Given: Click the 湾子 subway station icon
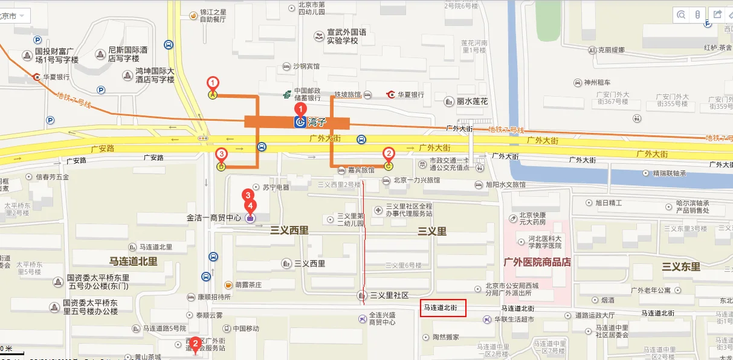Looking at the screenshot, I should [300, 123].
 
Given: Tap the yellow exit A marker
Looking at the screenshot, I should [213, 94].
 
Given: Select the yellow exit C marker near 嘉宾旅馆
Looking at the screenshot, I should [388, 164].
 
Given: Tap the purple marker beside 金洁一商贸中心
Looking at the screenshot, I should [250, 218].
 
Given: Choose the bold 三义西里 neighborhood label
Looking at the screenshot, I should [289, 231].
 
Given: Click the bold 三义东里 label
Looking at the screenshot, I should [681, 266].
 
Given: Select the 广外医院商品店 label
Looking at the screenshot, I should [537, 262].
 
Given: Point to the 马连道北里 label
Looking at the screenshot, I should [133, 262].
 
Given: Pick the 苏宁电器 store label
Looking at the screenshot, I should [276, 187].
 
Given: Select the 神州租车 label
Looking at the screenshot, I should [597, 82].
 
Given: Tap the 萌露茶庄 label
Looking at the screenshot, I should [248, 284].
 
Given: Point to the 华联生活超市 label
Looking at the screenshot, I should [514, 319].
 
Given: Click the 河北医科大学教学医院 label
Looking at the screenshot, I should [537, 242].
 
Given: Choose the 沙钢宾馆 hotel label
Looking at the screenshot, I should [306, 66].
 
